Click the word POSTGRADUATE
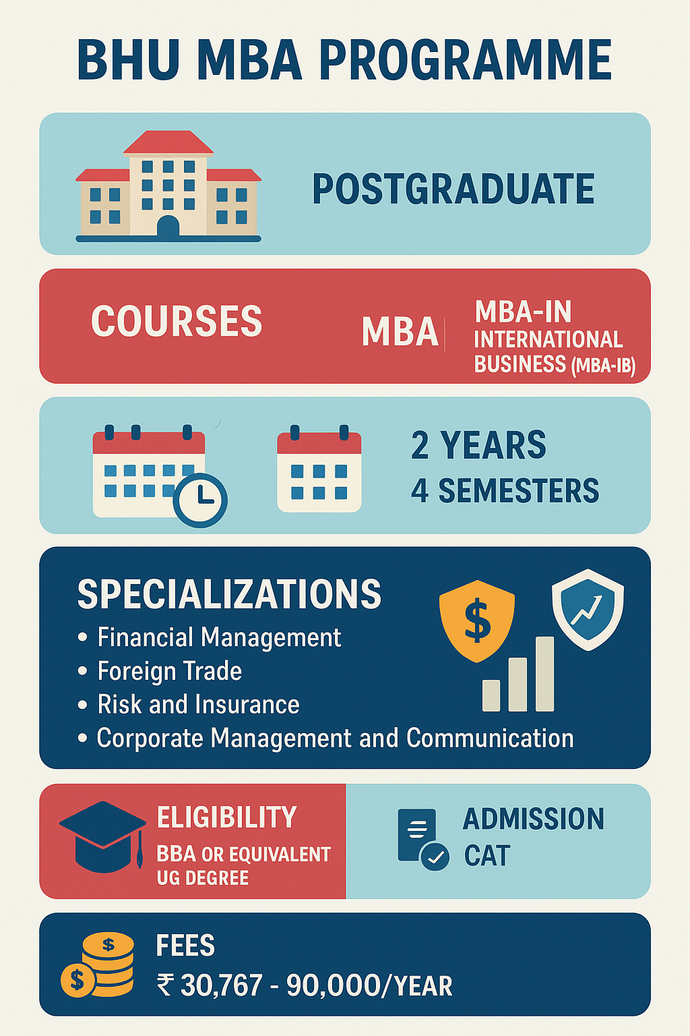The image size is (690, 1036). [453, 189]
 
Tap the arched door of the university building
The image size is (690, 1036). [168, 227]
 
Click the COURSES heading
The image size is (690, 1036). [177, 321]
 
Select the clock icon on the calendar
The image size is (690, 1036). [200, 500]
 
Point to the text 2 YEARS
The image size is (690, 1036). [478, 445]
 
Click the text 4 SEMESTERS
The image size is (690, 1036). [505, 490]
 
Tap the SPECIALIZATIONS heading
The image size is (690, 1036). [229, 594]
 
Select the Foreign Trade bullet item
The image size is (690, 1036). [169, 671]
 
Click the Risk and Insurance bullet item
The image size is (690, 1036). [198, 705]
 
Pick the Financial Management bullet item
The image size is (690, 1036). [219, 637]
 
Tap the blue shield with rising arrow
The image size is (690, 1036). [588, 609]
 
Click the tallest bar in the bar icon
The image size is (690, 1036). [544, 674]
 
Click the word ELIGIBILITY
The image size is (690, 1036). [226, 817]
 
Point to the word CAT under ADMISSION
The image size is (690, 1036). [487, 856]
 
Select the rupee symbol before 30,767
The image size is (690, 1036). [165, 985]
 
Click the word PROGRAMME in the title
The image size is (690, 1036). [465, 61]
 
